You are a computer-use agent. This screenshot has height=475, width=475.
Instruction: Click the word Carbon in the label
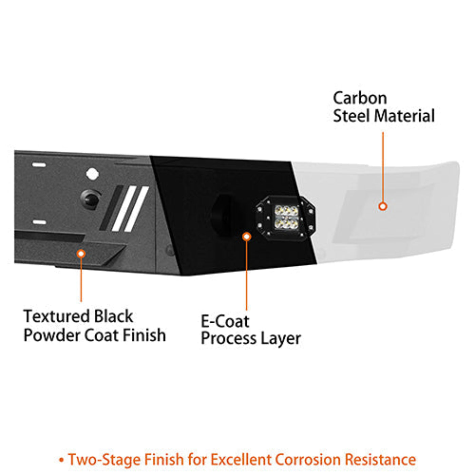click(360, 98)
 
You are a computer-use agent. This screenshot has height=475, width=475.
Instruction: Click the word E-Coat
click(225, 321)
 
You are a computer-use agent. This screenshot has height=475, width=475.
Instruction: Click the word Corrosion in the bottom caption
click(308, 460)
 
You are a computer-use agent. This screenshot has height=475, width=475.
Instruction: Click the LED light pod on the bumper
click(286, 217)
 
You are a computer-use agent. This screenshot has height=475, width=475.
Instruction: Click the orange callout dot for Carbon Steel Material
click(383, 206)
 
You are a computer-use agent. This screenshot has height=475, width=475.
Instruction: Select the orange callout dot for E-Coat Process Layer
click(247, 236)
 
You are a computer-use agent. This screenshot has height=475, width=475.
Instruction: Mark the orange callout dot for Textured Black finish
click(81, 253)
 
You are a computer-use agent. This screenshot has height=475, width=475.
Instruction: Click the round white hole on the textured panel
click(92, 174)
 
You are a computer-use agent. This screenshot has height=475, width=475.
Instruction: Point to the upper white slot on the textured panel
click(39, 165)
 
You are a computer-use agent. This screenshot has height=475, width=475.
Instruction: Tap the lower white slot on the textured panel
click(39, 223)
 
